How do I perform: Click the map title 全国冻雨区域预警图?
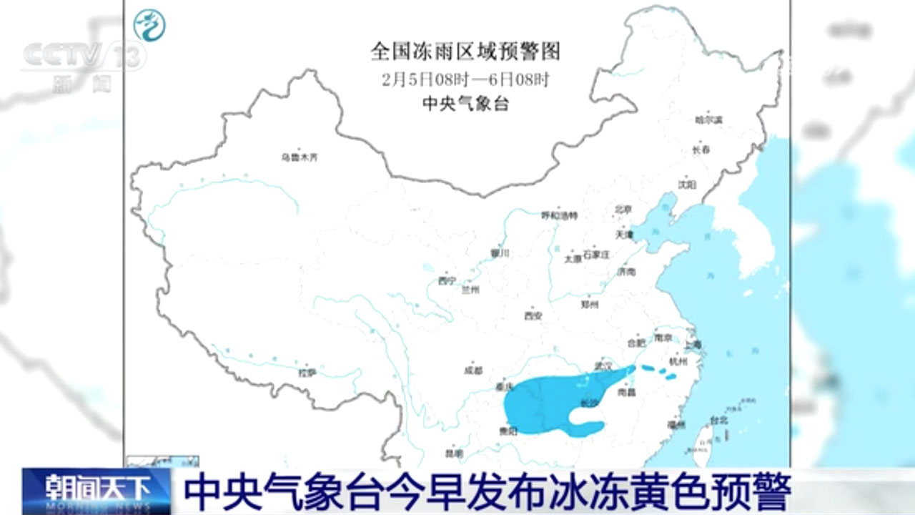tap(465, 51)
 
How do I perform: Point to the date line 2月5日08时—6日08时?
tap(465, 78)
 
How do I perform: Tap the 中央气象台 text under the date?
tap(465, 104)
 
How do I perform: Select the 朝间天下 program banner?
tap(96, 489)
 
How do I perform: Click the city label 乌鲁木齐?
tap(299, 157)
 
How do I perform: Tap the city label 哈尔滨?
tap(708, 119)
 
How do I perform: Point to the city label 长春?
tap(701, 150)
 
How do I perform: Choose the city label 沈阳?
tap(686, 184)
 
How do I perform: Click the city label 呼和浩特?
tap(559, 215)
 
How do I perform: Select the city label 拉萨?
tap(307, 372)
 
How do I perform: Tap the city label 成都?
tap(473, 371)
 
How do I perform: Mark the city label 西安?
tap(533, 315)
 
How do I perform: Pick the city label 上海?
tap(693, 345)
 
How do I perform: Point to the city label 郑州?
tap(590, 304)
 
